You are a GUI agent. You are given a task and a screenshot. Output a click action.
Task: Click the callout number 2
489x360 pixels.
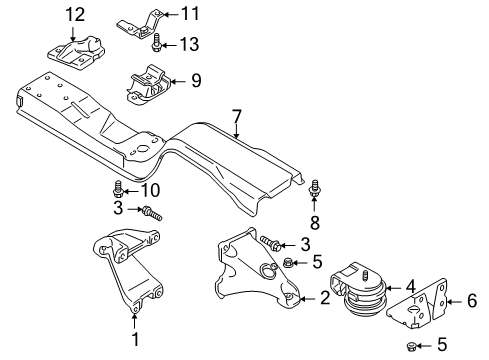324,297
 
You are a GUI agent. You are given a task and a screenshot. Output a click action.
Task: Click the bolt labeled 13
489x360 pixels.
158,44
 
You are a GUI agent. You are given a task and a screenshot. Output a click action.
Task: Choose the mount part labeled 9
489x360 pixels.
147,86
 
